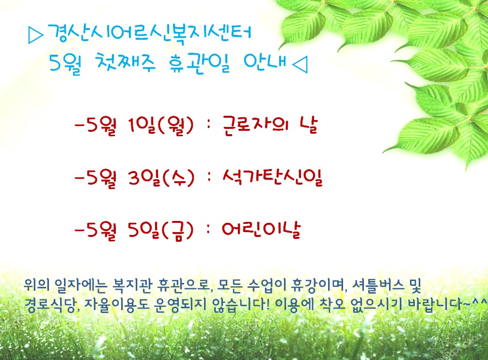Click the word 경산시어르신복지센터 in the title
tap(149, 33)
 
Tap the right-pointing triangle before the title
tap(35, 35)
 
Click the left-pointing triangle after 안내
tap(300, 64)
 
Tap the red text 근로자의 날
tap(270, 125)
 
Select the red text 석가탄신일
tap(273, 177)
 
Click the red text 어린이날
tap(261, 230)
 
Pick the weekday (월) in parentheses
tap(176, 126)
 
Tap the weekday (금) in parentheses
tap(178, 231)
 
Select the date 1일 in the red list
tap(142, 125)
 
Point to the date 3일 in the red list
tap(143, 178)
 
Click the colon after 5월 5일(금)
tap(208, 230)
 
